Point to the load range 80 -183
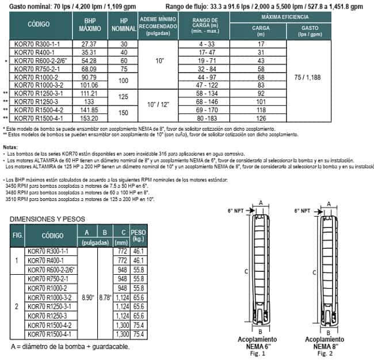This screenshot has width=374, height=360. pos(201,117)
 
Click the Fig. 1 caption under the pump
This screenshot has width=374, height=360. pos(262,354)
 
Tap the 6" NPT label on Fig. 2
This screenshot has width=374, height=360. pos(302,211)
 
